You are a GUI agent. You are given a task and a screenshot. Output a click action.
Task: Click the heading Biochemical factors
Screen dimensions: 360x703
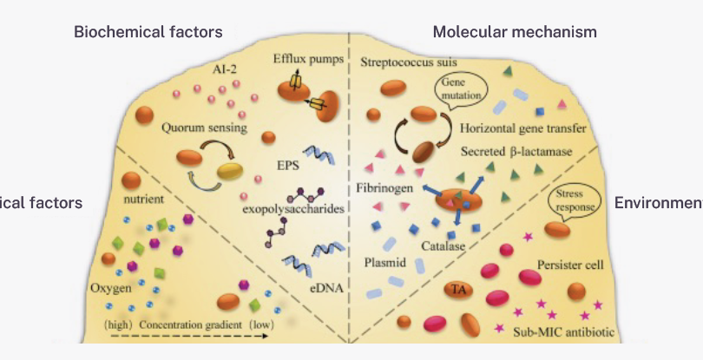tap(148, 32)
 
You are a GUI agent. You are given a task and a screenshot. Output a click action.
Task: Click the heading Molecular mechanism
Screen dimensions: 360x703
tap(515, 32)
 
